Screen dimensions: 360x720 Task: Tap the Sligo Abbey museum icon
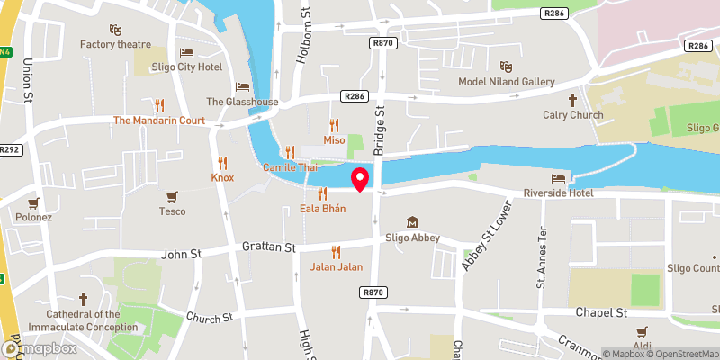412,221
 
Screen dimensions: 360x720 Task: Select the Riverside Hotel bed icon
559,176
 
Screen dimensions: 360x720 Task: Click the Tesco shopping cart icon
172,195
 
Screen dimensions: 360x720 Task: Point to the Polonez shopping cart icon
33,202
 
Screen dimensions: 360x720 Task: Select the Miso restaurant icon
335,125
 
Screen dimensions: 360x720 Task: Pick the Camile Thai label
291,168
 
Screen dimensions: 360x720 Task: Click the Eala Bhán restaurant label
322,209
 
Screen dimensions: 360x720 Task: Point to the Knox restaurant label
222,177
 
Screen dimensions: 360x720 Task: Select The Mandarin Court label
159,120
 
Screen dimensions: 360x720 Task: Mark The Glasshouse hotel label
242,102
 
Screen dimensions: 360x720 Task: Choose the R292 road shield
10,149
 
